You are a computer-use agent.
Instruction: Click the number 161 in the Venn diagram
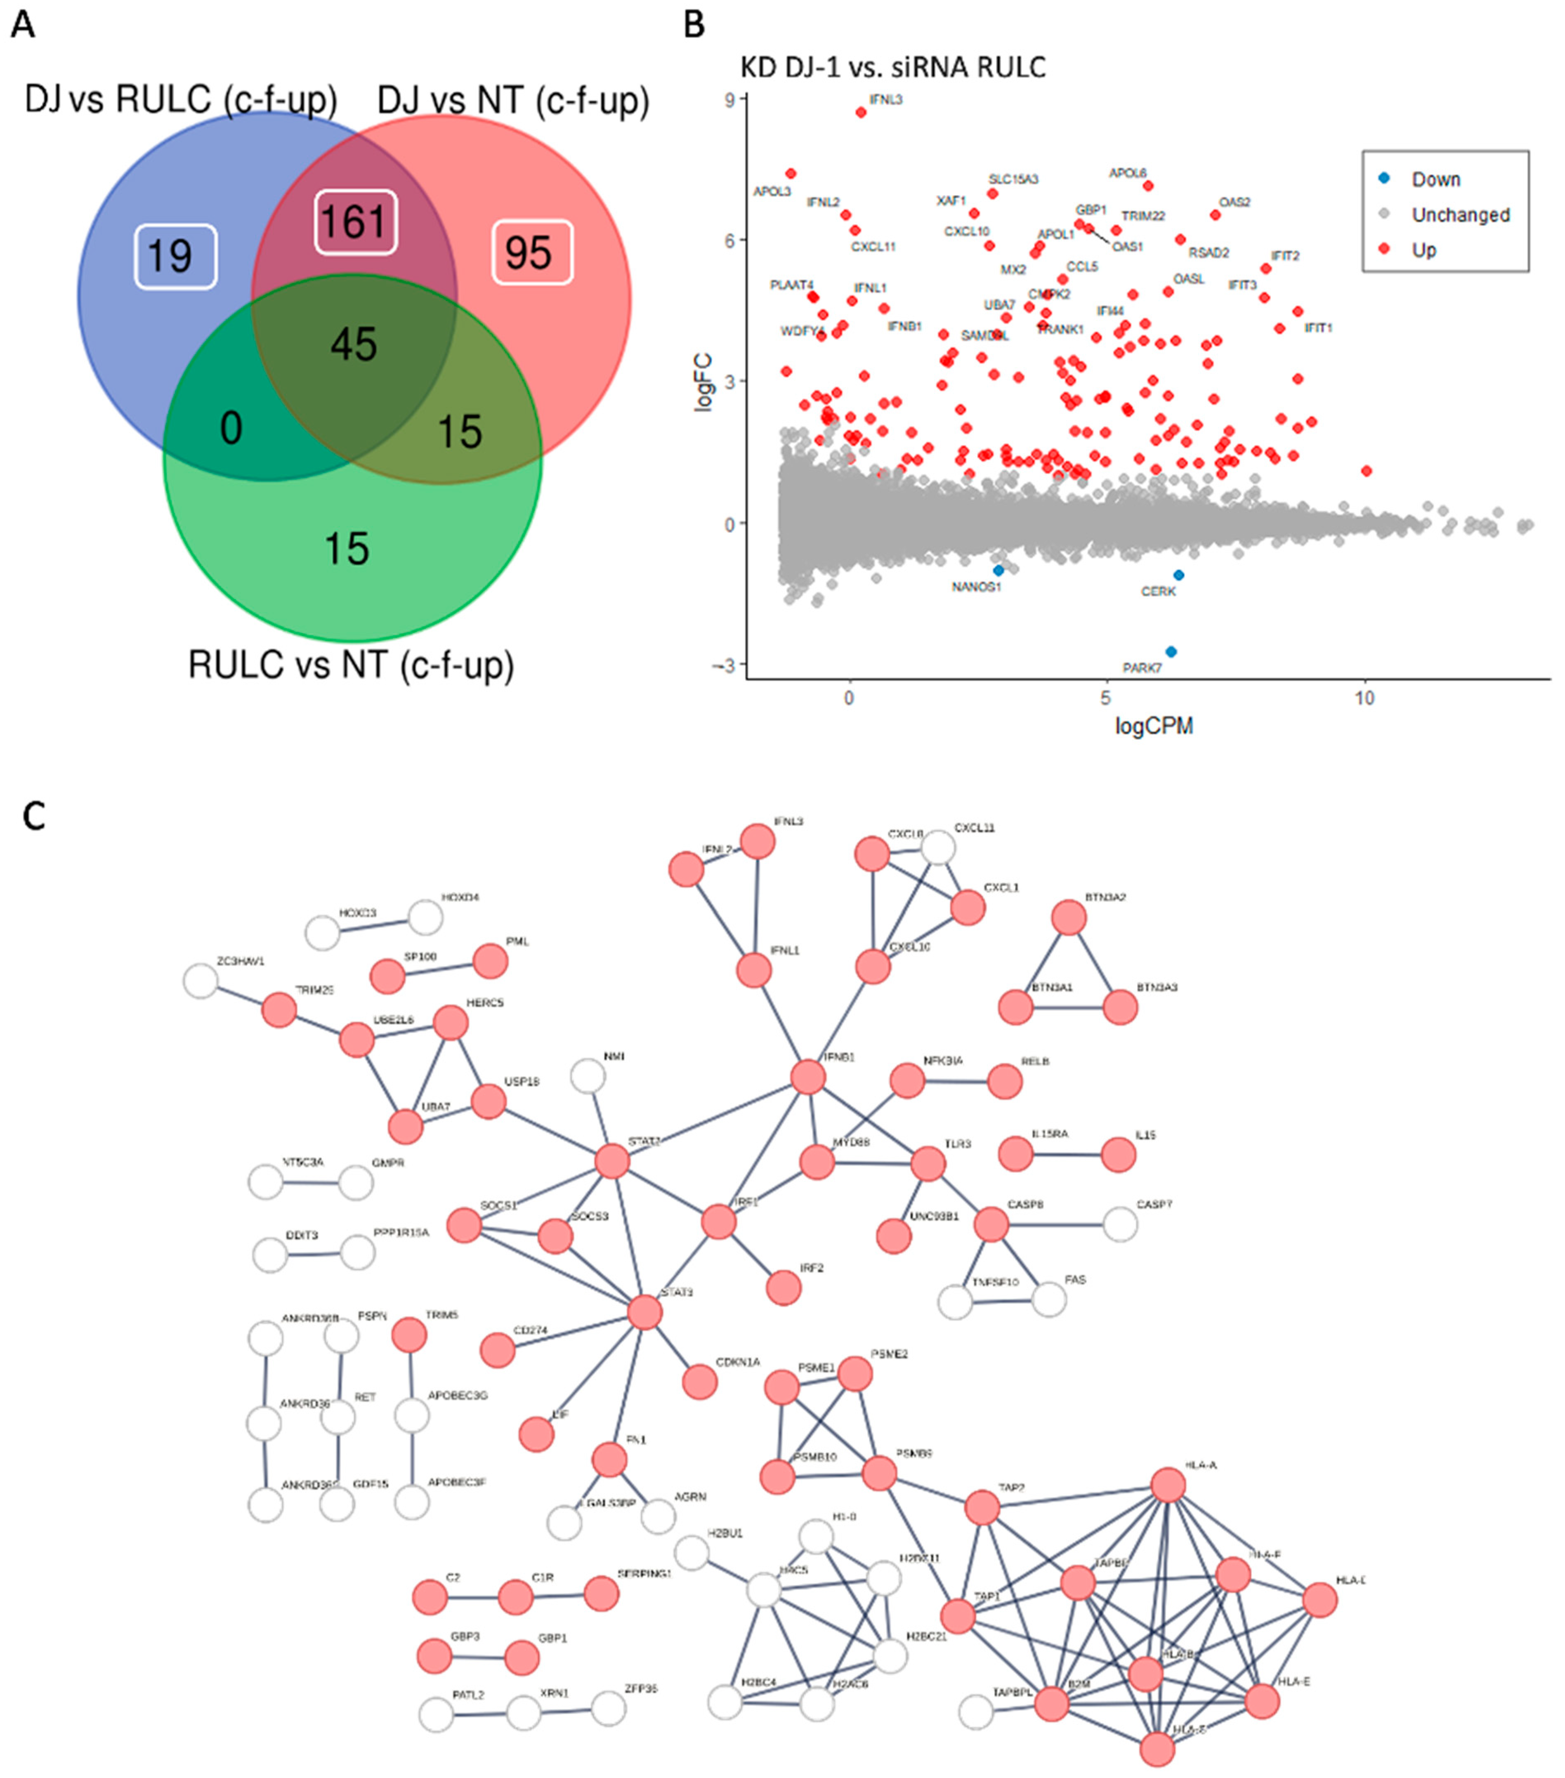355,222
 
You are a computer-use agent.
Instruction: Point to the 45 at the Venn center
354,344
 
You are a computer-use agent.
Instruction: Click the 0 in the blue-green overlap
231,428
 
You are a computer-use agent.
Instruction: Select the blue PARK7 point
1171,651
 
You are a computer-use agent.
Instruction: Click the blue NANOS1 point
998,571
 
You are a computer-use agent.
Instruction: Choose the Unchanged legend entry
1460,215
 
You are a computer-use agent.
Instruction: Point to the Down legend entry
1435,179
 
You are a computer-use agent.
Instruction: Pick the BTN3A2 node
1069,918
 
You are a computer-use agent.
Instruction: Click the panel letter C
34,817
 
